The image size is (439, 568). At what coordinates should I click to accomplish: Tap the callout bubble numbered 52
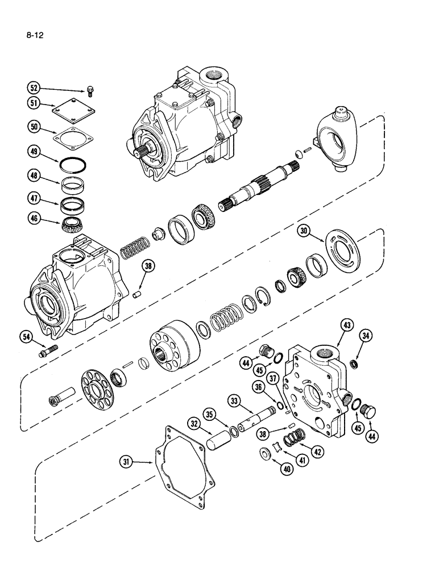click(35, 88)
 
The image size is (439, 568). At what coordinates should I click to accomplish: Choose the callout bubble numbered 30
click(304, 231)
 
